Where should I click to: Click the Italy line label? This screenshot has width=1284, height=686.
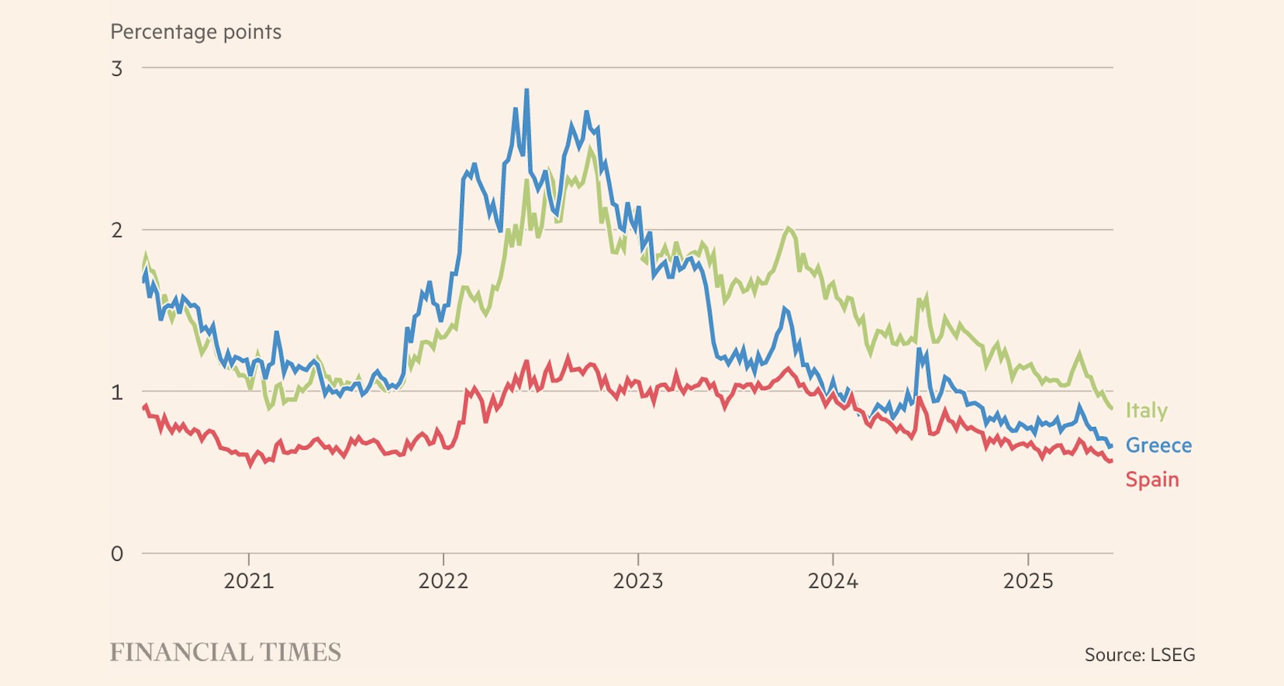tap(1146, 410)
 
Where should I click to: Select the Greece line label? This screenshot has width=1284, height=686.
tap(1158, 445)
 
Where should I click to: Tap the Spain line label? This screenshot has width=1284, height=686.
tap(1152, 479)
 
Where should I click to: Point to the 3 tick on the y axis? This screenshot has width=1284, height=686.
tap(117, 68)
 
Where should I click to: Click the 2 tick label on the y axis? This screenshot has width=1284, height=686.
tap(117, 230)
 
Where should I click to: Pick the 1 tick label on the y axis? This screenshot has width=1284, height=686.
tap(117, 392)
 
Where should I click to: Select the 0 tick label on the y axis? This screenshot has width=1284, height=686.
tap(117, 554)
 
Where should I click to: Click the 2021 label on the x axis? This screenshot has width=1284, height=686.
tap(249, 580)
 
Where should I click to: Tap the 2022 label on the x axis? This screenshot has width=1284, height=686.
tap(443, 580)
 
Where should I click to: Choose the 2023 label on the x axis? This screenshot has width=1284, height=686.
tap(638, 580)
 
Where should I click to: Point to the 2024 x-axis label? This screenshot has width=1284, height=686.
tap(833, 580)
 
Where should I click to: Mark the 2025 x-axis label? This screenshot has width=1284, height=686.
tap(1028, 580)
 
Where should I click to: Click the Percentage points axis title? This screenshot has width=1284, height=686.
tap(196, 31)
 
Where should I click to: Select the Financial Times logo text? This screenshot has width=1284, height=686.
tap(225, 652)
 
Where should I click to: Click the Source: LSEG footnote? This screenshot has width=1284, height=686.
tap(1140, 655)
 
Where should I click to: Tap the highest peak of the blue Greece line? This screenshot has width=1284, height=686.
tap(527, 90)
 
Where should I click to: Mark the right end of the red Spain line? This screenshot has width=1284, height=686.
tap(1111, 461)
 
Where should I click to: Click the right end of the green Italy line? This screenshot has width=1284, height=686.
tap(1111, 408)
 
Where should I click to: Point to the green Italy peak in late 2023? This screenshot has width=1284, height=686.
tap(789, 229)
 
